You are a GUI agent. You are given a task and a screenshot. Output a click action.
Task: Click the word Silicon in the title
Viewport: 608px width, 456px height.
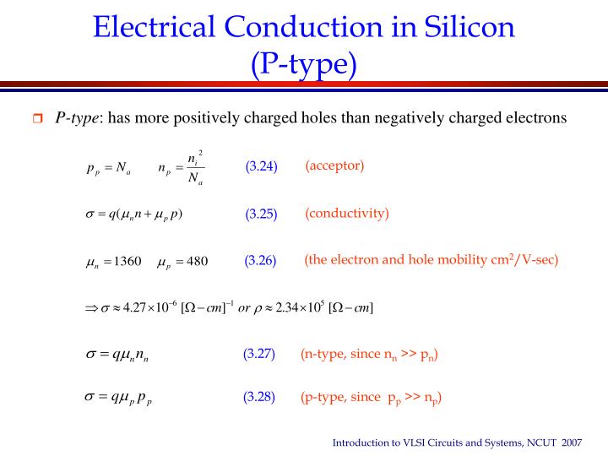[x=465, y=27]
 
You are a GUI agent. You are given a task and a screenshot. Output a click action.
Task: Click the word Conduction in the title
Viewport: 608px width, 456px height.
[x=301, y=27]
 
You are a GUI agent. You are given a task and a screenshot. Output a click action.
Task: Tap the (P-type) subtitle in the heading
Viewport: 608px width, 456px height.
[x=304, y=63]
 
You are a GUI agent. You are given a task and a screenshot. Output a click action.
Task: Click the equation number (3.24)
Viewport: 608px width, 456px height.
[x=261, y=166]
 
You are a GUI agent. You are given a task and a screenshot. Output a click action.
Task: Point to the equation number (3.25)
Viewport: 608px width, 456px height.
[x=261, y=214]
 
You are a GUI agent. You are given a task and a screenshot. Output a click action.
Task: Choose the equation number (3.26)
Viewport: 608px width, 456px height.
[x=261, y=260]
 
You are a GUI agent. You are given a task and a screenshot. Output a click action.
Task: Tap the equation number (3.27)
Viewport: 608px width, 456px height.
[x=259, y=354]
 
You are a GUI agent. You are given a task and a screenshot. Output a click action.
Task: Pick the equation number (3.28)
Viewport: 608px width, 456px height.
[x=259, y=396]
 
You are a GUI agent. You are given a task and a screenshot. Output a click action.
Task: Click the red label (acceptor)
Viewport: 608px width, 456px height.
[x=334, y=165]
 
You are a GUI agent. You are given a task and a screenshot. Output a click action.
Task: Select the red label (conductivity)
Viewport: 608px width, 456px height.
[x=347, y=213]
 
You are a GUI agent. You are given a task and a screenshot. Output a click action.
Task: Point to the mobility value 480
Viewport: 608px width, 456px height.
[x=197, y=261]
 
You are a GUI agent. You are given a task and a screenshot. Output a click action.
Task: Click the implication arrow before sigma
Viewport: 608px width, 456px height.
[x=91, y=307]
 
